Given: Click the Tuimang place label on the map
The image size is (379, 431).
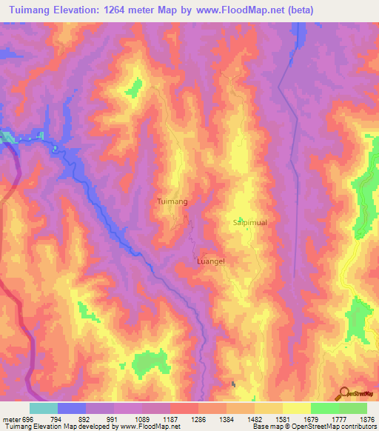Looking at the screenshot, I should click(172, 201).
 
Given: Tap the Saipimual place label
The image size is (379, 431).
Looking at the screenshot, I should click(244, 221).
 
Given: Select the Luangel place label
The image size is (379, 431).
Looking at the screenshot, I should click(210, 261).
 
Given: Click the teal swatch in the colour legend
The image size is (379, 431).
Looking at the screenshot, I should click(43, 408).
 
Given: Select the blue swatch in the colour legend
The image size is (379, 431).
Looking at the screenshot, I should click(71, 408).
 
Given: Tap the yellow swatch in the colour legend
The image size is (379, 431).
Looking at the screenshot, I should click(296, 408).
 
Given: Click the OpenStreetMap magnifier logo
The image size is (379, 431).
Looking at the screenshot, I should click(343, 392).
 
